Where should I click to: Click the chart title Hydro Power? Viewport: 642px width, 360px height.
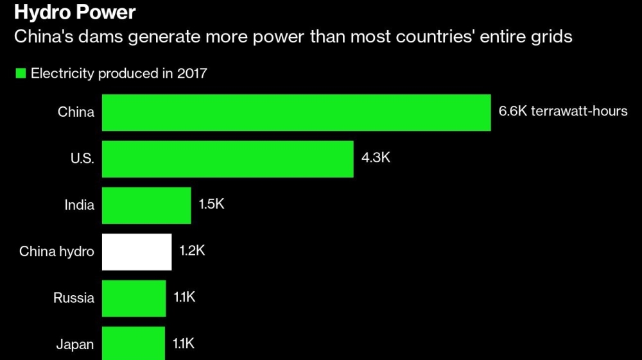point(76,12)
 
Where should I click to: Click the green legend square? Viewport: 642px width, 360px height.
point(21,74)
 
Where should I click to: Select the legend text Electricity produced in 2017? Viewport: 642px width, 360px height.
point(119,74)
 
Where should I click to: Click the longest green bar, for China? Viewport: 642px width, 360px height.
point(296,112)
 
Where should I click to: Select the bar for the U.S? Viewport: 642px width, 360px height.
point(227,159)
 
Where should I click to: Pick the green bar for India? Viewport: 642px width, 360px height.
point(146,205)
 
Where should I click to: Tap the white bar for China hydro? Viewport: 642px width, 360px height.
point(137,252)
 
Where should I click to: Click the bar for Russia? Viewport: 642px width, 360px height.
point(134,298)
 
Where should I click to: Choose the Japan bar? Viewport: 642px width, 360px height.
point(134,344)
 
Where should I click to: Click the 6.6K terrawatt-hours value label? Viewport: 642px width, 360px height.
point(563,112)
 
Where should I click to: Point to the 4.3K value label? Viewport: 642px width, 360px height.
point(376,158)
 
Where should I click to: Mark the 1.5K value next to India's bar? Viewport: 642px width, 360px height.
point(212,205)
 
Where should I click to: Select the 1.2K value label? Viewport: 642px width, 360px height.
point(193,251)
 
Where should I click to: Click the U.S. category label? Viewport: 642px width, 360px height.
point(82,159)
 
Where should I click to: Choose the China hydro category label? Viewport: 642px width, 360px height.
point(56,252)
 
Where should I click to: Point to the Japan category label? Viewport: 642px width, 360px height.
point(75,345)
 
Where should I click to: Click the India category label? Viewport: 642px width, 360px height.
point(79,205)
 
